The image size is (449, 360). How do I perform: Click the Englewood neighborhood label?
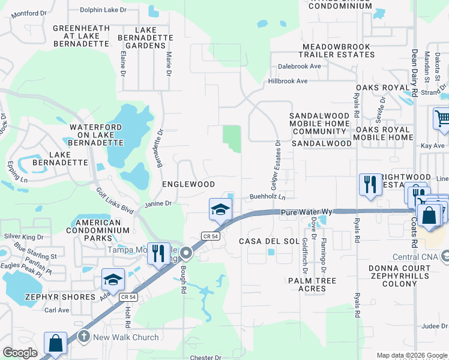point(189,184)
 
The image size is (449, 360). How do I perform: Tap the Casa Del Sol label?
point(269,241)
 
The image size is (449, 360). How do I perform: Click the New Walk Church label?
point(126,337)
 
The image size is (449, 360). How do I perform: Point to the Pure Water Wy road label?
point(307,212)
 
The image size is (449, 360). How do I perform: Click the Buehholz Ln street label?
point(268,196)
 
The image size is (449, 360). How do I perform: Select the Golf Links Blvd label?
point(115,199)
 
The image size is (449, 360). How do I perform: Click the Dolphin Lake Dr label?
point(104,9)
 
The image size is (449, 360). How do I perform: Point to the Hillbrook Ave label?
point(288,81)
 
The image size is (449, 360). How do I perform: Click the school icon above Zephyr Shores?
point(113,280)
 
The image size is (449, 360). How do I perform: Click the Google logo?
point(20,353)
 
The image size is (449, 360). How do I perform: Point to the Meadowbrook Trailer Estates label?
point(339,50)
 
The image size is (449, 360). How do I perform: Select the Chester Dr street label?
point(206,358)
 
